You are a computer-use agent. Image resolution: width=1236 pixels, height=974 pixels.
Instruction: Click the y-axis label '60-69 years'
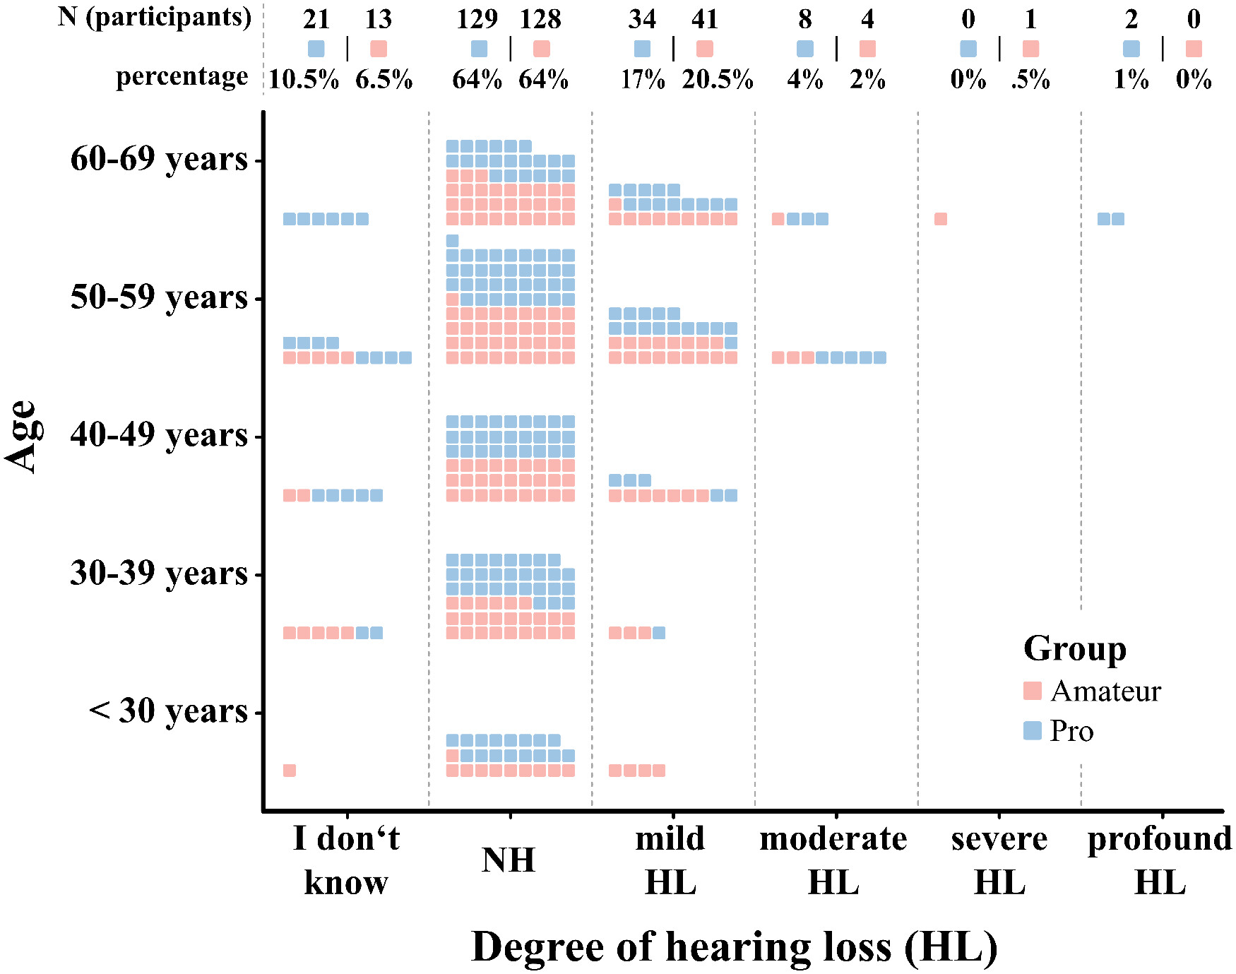pos(159,159)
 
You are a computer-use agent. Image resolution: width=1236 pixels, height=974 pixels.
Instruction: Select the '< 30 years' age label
pos(169,711)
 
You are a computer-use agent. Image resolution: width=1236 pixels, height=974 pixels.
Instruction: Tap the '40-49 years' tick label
pos(159,435)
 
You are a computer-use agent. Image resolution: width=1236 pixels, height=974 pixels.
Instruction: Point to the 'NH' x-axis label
pos(509,860)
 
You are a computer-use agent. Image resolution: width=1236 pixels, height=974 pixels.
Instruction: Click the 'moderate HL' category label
pos(833,860)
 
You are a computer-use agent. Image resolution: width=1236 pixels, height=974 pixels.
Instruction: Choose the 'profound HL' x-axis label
pos(1160,860)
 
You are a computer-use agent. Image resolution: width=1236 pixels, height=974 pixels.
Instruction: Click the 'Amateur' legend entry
pos(1105,691)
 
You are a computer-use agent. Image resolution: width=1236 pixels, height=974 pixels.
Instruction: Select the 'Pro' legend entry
pos(1071,731)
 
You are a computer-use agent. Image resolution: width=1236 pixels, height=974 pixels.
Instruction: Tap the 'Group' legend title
pos(1074,648)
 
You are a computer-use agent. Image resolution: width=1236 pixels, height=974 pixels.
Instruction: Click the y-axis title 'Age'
pos(21,436)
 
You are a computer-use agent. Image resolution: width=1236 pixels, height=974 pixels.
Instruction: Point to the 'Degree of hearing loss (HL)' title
pos(734,946)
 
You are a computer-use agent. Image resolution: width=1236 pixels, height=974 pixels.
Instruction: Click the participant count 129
pos(477,19)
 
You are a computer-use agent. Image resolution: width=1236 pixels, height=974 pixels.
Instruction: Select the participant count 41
pos(705,19)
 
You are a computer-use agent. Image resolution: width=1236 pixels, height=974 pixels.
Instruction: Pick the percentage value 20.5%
pos(717,79)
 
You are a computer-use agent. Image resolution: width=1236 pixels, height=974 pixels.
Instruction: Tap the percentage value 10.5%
pos(304,79)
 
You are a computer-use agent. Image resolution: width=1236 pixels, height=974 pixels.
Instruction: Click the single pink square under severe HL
pos(941,219)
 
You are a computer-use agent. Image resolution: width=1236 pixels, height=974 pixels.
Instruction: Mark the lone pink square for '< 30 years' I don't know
pos(290,770)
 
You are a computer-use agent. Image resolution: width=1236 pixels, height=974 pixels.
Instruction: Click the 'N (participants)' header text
pos(155,17)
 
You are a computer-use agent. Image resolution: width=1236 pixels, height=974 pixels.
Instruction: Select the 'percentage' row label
pos(182,76)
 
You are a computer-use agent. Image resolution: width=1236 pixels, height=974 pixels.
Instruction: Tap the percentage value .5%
pos(1030,79)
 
